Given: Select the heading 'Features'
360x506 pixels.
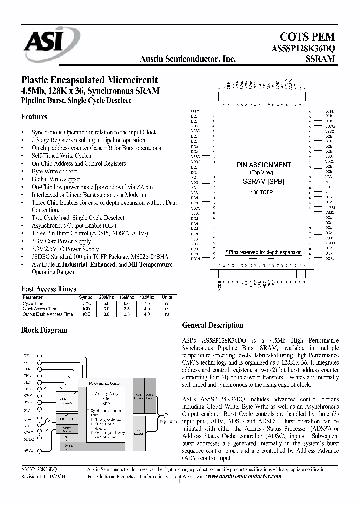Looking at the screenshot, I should (x=34, y=117).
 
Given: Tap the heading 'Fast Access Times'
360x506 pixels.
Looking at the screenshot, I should (x=48, y=289).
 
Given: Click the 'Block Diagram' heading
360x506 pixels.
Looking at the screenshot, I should (x=44, y=330).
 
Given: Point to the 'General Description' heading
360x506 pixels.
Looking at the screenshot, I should (x=213, y=325).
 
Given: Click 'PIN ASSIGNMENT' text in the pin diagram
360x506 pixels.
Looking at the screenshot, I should (x=263, y=165).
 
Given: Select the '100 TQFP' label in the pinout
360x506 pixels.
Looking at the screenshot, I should (x=263, y=192).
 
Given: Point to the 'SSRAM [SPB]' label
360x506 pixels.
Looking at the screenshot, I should (x=263, y=182).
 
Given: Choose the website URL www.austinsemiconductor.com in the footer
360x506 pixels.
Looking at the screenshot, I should (x=243, y=476).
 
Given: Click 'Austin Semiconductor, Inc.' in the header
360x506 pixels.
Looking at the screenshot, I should (x=188, y=59).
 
